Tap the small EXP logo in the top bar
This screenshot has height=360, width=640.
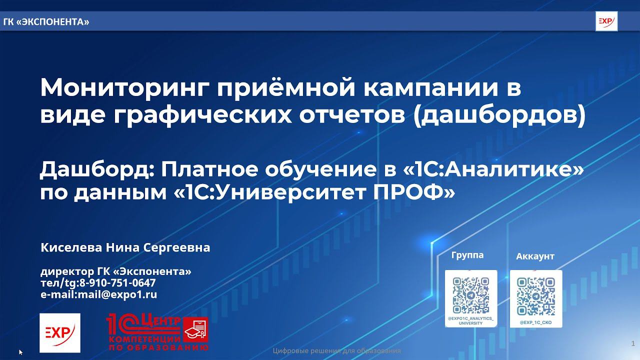(606, 21)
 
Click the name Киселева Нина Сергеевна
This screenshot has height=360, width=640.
(125, 247)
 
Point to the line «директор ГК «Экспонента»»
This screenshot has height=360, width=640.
(115, 271)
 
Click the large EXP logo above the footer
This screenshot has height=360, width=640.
(60, 332)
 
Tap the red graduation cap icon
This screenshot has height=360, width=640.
(195, 330)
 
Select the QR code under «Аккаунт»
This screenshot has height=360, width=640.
(536, 295)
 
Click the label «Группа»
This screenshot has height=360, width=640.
(467, 255)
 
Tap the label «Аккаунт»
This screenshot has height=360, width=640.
(535, 256)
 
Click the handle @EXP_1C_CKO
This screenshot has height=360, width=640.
(536, 322)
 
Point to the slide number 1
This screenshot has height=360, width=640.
(633, 343)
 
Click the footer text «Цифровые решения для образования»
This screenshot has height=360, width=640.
(337, 351)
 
